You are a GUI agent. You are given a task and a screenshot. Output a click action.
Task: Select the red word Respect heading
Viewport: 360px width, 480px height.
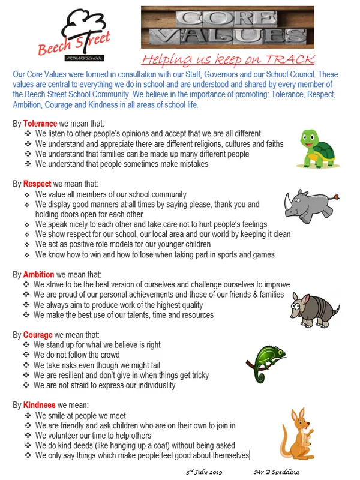point(37,184)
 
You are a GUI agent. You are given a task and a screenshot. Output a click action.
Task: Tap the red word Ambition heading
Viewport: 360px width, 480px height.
point(39,274)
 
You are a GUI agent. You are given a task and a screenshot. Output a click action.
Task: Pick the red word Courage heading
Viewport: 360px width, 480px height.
point(38,334)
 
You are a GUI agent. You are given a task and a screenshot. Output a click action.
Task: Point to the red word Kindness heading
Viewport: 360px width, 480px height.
point(40,404)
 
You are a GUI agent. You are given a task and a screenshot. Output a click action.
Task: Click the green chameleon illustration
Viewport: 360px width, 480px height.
point(266,361)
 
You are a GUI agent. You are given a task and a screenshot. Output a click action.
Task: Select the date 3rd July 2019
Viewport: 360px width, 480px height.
point(205,473)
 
